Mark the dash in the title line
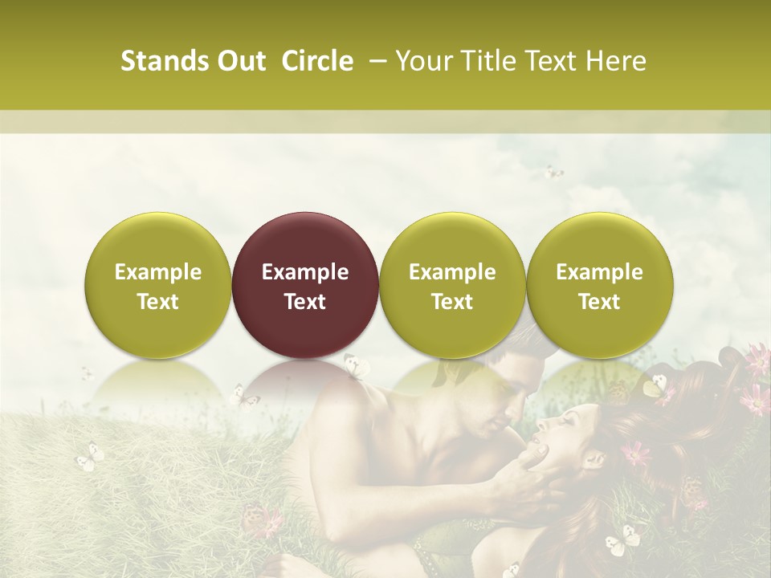[375, 61]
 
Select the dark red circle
[305, 285]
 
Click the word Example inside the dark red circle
[305, 272]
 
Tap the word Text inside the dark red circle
[305, 302]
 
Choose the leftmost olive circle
[158, 285]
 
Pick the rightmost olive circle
[600, 285]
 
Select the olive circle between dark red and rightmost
[452, 285]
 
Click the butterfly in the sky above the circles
[553, 172]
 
